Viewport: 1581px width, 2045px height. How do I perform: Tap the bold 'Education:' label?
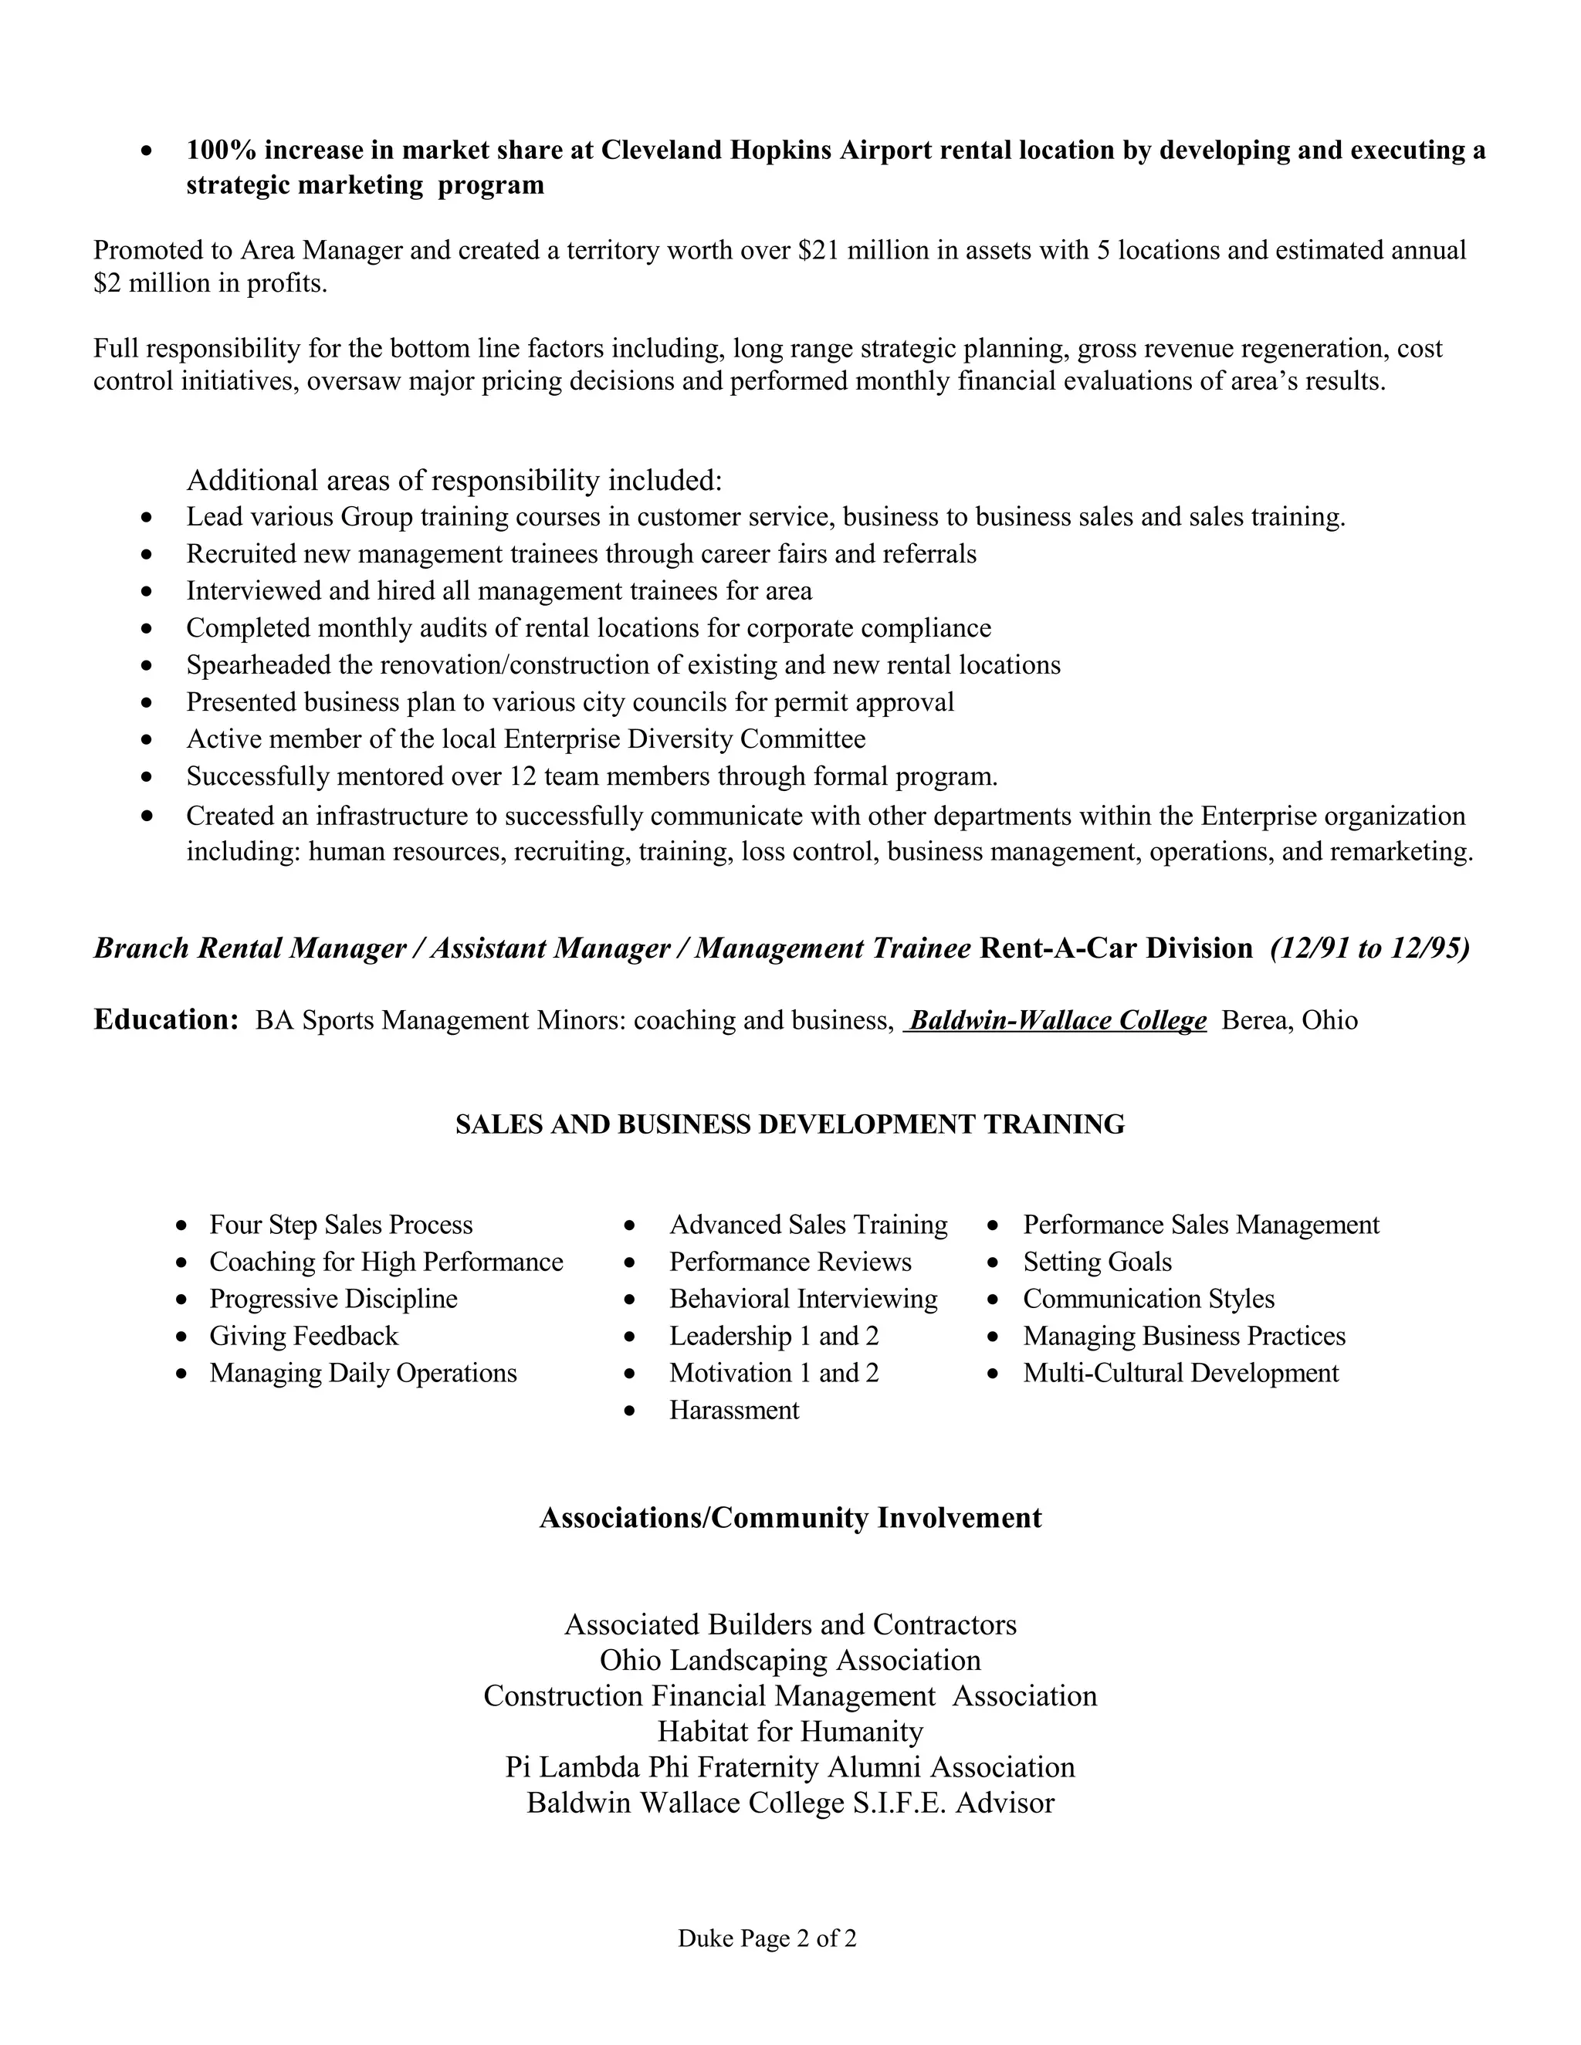167,1019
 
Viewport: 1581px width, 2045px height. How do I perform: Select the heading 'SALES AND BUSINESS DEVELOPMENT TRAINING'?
790,1124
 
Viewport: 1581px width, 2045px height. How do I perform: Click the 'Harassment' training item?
733,1410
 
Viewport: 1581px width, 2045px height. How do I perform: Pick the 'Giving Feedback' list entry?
303,1336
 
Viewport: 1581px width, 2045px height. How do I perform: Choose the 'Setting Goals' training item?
1097,1262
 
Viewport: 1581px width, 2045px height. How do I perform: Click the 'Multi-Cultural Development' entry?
1180,1374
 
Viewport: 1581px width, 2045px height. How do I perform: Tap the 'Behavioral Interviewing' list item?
803,1300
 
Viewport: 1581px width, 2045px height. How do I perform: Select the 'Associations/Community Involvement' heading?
790,1518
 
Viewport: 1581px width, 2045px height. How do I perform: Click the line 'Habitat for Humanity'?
790,1732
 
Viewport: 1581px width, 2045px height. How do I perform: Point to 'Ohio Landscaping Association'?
790,1660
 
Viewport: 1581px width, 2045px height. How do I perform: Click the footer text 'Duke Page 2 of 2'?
767,1939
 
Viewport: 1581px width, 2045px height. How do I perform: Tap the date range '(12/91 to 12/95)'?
1369,948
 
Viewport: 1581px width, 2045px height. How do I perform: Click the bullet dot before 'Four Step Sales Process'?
181,1225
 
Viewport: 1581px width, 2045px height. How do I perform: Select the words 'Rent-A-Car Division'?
1116,948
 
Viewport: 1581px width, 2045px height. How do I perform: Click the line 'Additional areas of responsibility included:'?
454,480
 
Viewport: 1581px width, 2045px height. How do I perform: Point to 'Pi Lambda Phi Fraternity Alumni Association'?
790,1767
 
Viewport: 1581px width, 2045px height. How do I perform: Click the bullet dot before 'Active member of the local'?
146,740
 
